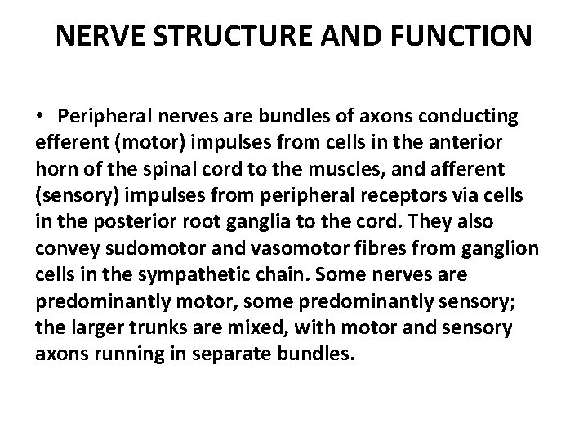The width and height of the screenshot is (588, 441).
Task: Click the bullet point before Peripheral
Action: click(x=39, y=116)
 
